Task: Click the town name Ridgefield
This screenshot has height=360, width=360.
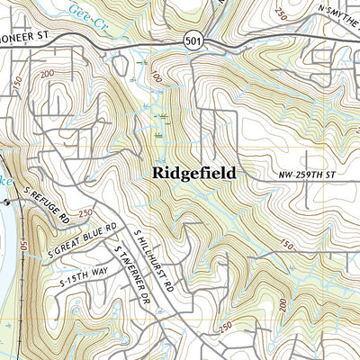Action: [193, 172]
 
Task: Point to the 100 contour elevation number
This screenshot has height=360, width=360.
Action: [157, 77]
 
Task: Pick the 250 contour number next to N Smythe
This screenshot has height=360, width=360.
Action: [282, 14]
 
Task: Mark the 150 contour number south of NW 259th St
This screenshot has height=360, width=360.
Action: [288, 244]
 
